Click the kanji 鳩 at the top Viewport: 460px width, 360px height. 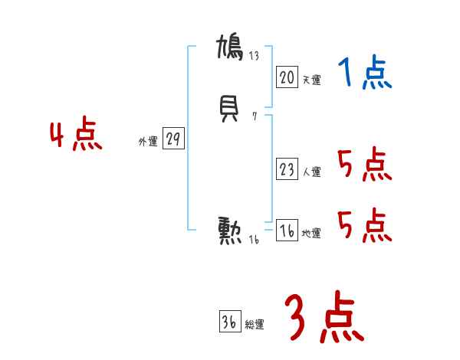pos(230,47)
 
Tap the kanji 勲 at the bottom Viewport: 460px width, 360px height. pos(230,231)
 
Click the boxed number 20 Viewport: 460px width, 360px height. pos(287,77)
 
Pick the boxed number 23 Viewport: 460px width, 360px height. pos(287,170)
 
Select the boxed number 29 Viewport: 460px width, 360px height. pos(173,139)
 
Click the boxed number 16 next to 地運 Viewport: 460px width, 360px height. pos(287,231)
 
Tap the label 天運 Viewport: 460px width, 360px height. pos(311,80)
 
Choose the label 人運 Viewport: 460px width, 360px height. pos(311,172)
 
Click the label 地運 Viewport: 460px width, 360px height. pos(311,234)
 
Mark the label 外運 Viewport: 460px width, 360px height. pos(147,142)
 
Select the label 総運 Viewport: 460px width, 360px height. pos(255,325)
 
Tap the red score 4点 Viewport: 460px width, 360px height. pos(76,137)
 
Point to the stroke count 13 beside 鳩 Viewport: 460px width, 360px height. pos(255,55)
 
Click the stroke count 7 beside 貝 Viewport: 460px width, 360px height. pos(254,117)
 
